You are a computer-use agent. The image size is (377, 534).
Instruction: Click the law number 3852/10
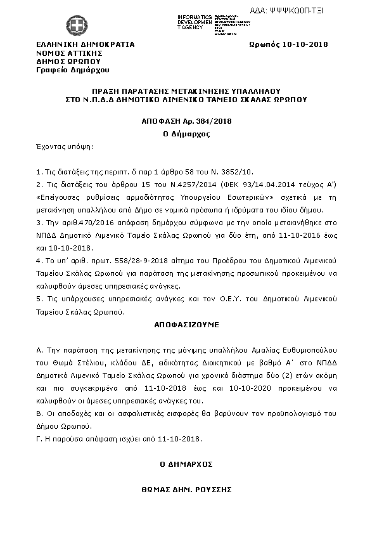(x=238, y=172)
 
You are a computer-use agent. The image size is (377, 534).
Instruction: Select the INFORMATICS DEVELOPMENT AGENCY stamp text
(x=195, y=22)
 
